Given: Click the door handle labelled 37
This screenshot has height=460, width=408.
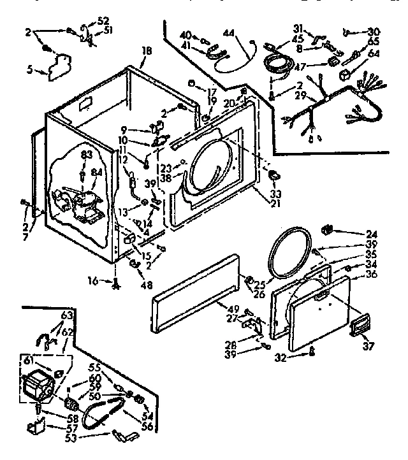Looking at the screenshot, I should pos(359,324).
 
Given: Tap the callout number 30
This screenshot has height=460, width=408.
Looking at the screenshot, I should pos(373,31).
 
